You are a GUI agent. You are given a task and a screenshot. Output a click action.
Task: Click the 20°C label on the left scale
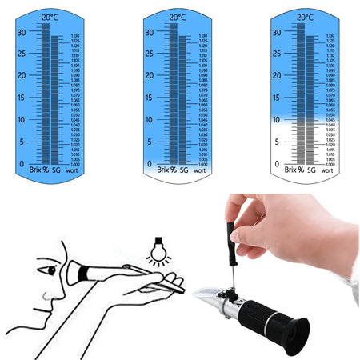pos(50,17)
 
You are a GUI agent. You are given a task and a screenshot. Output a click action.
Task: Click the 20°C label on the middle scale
pos(178,17)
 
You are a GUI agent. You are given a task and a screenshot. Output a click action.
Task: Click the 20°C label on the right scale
pos(305,17)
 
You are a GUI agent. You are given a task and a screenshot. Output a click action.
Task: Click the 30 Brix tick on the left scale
pos(22,32)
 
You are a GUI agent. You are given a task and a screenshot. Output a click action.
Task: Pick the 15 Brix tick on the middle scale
pos(150,98)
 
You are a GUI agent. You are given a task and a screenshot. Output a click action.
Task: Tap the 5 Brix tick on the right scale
pos(277,142)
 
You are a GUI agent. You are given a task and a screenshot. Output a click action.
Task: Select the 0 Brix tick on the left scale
pos(22,163)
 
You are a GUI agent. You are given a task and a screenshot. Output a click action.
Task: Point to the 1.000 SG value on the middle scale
pos(205,163)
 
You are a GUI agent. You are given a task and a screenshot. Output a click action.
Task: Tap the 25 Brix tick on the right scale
pos(277,54)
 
